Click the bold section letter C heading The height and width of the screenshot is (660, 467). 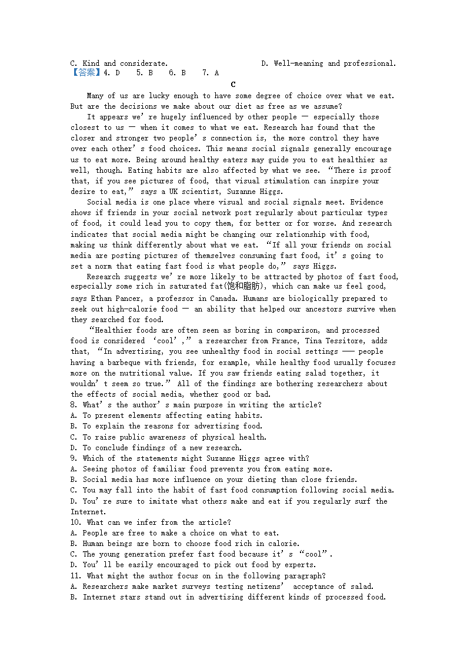coord(233,85)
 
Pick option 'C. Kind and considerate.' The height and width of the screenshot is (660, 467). coord(119,63)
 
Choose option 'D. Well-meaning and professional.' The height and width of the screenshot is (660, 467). coord(328,63)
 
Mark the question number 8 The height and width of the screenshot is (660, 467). coord(73,405)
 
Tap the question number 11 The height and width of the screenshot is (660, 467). coord(75,576)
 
